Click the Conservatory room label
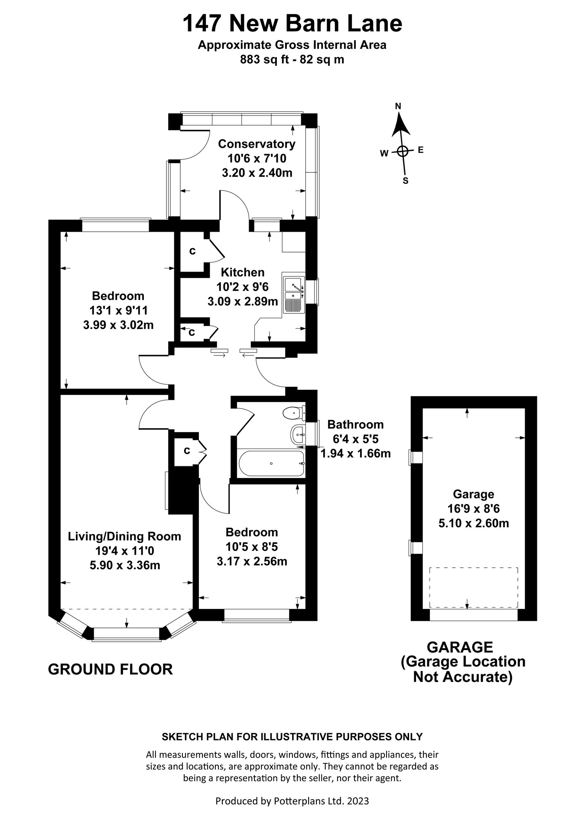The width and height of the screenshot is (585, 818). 257,144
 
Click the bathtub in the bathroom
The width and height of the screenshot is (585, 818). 272,464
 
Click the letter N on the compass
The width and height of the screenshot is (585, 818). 398,106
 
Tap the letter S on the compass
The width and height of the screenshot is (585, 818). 406,181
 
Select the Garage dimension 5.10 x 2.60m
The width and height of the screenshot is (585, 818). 474,523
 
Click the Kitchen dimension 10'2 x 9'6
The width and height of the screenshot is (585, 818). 242,287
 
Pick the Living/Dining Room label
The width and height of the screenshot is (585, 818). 124,536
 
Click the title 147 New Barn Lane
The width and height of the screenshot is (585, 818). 292,24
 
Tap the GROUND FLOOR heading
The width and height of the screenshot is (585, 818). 110,669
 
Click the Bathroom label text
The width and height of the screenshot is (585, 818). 355,424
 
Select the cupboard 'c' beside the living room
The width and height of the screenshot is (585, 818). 187,451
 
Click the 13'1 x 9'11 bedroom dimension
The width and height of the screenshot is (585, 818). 118,310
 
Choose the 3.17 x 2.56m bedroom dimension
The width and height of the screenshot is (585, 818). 252,561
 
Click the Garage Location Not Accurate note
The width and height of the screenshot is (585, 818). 463,669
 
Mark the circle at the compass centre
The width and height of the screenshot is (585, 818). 403,151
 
